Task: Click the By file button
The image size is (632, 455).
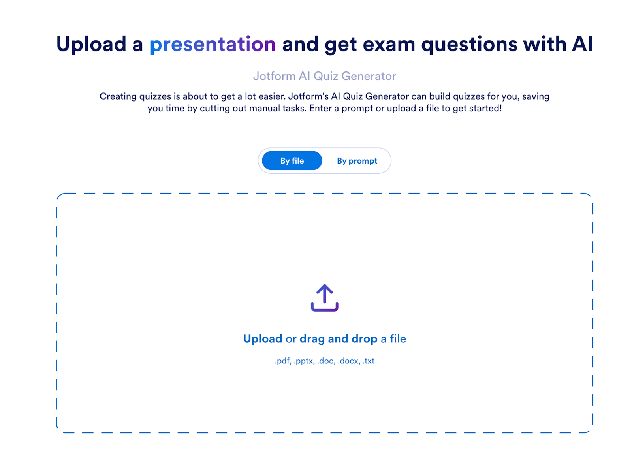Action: coord(292,160)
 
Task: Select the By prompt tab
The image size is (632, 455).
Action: coord(357,161)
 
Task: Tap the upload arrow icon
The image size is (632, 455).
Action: coord(324,297)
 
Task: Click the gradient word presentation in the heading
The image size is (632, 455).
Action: coord(213,45)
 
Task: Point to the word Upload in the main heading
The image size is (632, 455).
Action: coord(91,45)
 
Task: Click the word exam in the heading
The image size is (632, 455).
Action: coord(389,45)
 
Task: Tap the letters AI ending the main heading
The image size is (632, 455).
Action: coord(582,44)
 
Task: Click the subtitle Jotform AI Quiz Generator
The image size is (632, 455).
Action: coord(324,76)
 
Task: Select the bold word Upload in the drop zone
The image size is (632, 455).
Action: coord(263,339)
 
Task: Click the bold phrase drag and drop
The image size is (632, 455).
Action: coord(338,339)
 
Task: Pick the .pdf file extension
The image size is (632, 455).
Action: coord(283,361)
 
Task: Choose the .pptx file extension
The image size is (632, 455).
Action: coord(304,361)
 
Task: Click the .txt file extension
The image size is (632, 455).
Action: coord(369,361)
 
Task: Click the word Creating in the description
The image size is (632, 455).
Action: coord(118,97)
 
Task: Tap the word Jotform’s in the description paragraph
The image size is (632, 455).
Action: coord(308,96)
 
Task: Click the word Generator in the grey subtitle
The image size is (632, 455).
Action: coord(369,76)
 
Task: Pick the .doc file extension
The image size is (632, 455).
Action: coord(326,361)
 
